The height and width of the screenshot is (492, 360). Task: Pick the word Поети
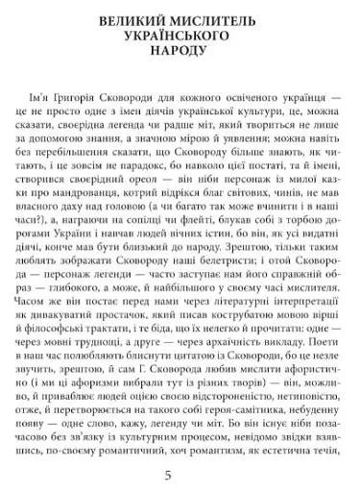[x=311, y=375]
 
